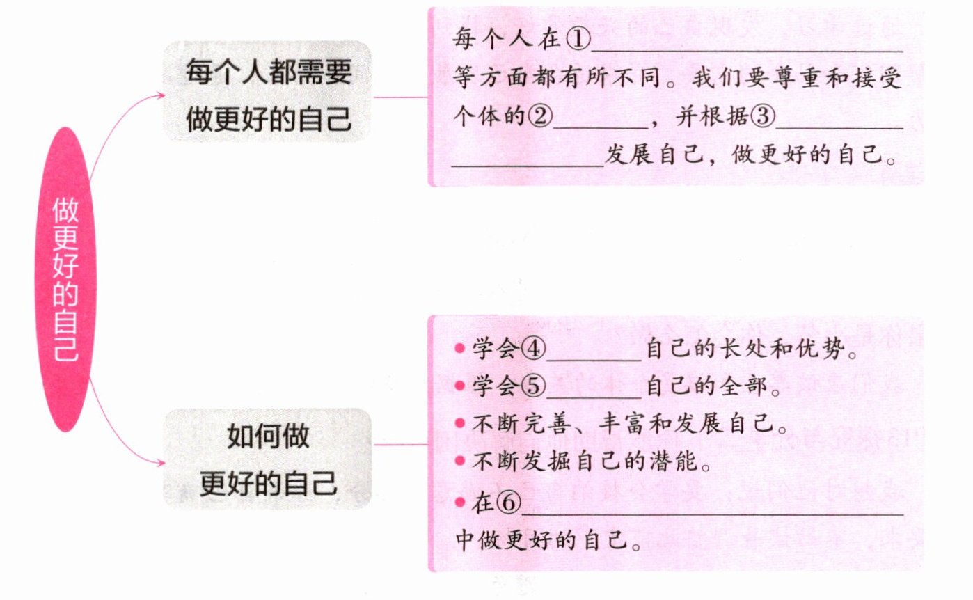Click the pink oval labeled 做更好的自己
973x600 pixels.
[66, 278]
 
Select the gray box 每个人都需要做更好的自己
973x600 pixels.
[268, 92]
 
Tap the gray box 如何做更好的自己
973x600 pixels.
[268, 459]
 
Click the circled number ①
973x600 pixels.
[578, 40]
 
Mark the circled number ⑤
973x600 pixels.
[532, 386]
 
